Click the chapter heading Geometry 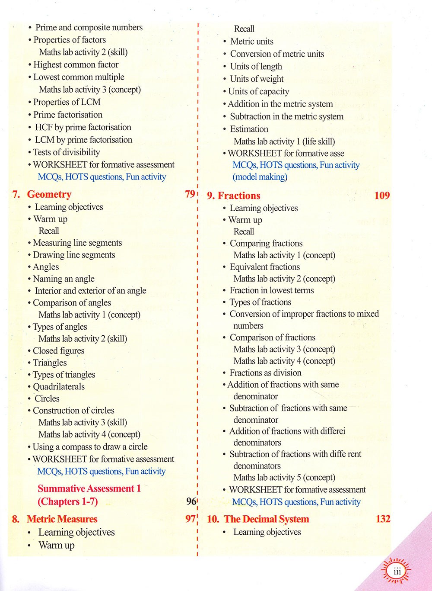click(49, 194)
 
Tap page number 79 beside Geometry click(190, 194)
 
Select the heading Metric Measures click(62, 519)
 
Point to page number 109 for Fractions click(382, 196)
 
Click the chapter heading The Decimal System click(267, 519)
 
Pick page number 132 click(383, 519)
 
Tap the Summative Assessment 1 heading click(89, 488)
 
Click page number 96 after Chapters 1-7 click(191, 501)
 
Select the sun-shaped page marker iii click(397, 572)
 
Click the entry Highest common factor click(76, 65)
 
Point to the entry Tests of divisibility click(66, 152)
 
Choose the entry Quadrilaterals click(59, 387)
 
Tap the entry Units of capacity click(258, 92)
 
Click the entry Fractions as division click(265, 373)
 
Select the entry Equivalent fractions click(264, 267)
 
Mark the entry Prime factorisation click(68, 115)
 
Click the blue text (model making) click(260, 177)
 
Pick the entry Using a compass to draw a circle click(90, 447)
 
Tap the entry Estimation click(249, 129)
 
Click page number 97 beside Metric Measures click(190, 519)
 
